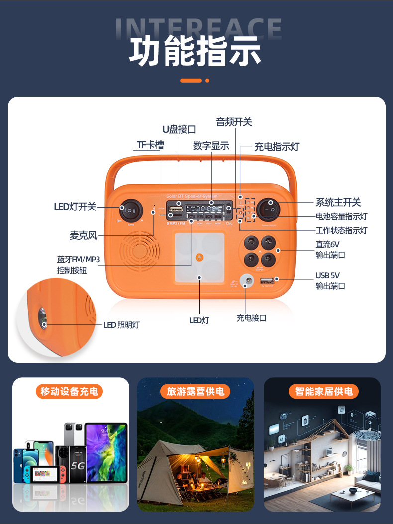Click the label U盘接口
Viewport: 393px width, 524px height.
(179, 130)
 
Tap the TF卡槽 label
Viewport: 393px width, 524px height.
(150, 145)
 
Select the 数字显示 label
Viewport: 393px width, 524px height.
(211, 146)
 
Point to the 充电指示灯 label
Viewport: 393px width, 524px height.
(277, 147)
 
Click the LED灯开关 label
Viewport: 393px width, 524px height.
(75, 207)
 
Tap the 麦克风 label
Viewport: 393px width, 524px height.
(83, 235)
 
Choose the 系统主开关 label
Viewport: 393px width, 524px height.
(338, 202)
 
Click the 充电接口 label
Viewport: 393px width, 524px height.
(251, 318)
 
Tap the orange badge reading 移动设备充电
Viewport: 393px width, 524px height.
(70, 391)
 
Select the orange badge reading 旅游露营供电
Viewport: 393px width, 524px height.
(196, 391)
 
